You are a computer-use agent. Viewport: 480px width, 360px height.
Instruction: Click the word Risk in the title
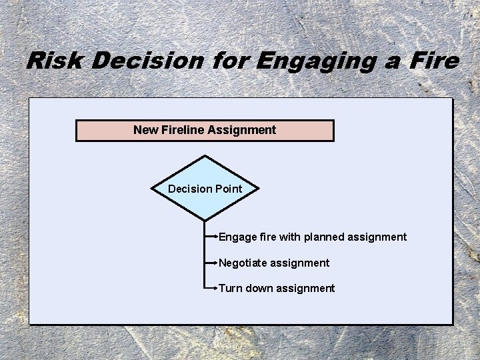tap(55, 61)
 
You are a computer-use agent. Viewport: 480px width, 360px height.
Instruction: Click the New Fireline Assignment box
tap(205, 131)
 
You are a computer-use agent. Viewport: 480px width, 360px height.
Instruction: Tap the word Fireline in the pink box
tap(183, 130)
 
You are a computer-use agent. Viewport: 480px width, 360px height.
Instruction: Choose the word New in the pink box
tap(146, 130)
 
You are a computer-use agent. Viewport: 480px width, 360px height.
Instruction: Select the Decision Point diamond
tap(205, 189)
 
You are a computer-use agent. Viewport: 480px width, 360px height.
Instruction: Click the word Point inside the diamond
tap(227, 189)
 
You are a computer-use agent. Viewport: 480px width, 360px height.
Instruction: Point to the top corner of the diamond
tap(205, 157)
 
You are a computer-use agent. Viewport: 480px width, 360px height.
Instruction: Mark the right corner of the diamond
tap(257, 189)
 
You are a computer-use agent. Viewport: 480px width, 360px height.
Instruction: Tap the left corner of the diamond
tap(152, 189)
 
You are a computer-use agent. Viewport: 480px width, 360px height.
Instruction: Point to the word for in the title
tap(229, 61)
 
